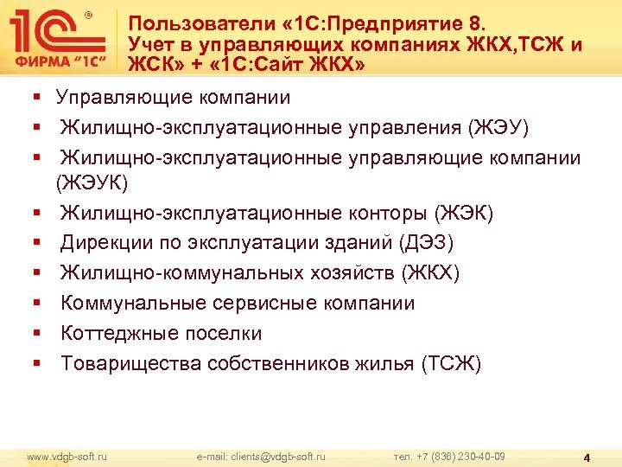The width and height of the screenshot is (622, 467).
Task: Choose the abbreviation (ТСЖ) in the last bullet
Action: [449, 364]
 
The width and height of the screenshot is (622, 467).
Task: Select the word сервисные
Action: [270, 304]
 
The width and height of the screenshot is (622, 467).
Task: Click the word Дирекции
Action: [104, 243]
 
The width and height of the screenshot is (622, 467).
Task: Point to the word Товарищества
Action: [130, 364]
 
